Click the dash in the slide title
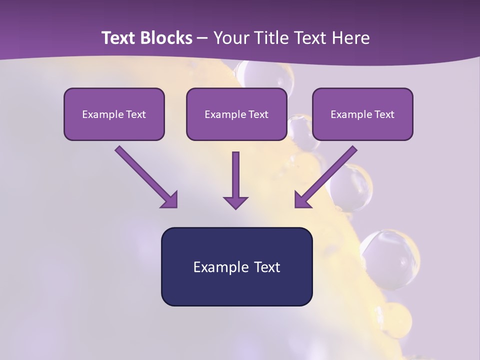click(202, 38)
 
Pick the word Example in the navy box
click(214, 267)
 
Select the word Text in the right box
click(384, 114)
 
